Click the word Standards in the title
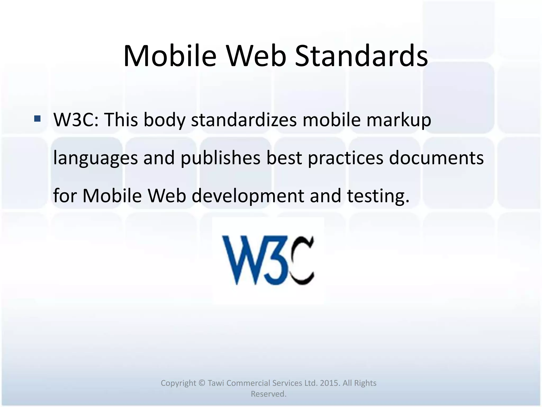pos(361,56)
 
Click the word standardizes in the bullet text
pos(244,120)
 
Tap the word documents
pos(436,158)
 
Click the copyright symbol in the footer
pos(202,383)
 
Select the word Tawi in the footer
pos(216,383)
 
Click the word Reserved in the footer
pos(268,394)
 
